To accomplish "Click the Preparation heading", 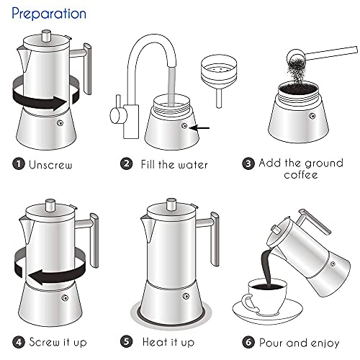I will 49,14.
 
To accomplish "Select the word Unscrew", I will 53,164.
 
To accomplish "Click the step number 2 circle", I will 126,164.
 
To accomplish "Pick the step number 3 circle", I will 248,163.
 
